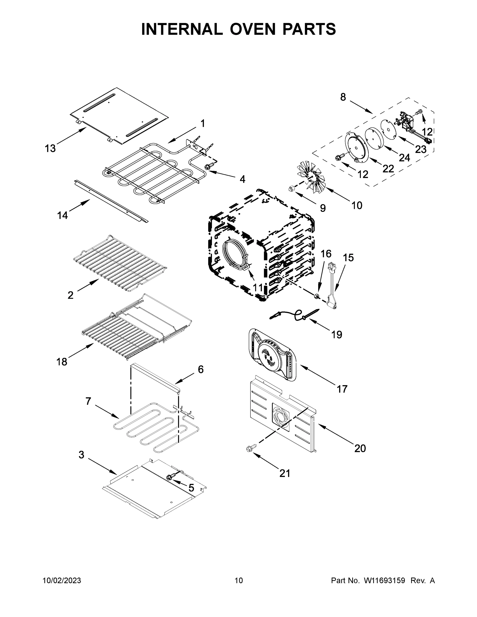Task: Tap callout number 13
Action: (x=50, y=148)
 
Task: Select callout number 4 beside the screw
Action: (x=242, y=179)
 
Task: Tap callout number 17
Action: (x=342, y=389)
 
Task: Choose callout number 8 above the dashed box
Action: (x=343, y=97)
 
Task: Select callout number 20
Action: (x=360, y=448)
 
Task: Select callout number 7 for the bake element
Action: (x=88, y=401)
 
